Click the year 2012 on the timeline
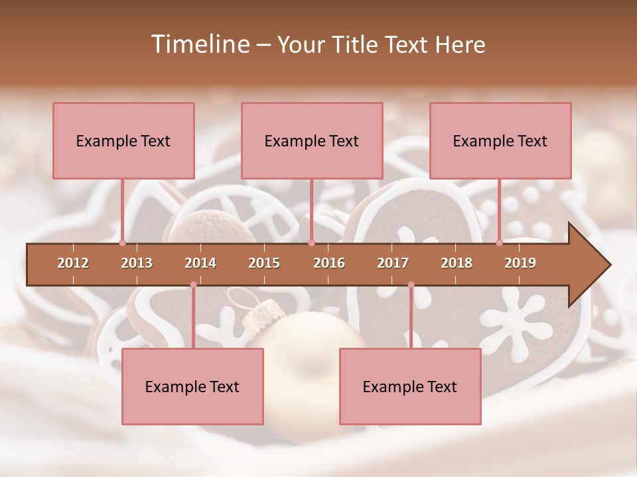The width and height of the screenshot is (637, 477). (x=73, y=263)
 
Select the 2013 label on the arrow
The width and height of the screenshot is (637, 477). (x=137, y=263)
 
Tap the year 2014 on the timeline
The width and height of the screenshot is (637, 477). (x=200, y=263)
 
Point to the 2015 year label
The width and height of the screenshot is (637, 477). (x=264, y=263)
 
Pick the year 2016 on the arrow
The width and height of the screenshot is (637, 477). (x=329, y=263)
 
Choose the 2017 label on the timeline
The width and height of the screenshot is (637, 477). (x=393, y=263)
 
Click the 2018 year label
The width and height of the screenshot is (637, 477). (x=457, y=263)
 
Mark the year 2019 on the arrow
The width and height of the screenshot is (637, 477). (x=520, y=263)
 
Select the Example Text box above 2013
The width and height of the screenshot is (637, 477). (x=123, y=140)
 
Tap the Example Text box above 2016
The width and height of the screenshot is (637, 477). (x=312, y=140)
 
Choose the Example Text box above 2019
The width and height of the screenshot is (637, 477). (x=500, y=140)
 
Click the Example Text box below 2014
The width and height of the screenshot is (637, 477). (x=192, y=386)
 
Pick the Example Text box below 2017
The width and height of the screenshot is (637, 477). (x=410, y=386)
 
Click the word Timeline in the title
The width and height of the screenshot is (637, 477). (x=198, y=44)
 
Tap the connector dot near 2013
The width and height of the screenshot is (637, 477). (x=122, y=242)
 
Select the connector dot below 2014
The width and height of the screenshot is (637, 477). (x=193, y=285)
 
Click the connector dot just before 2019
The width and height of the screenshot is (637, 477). (x=499, y=242)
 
